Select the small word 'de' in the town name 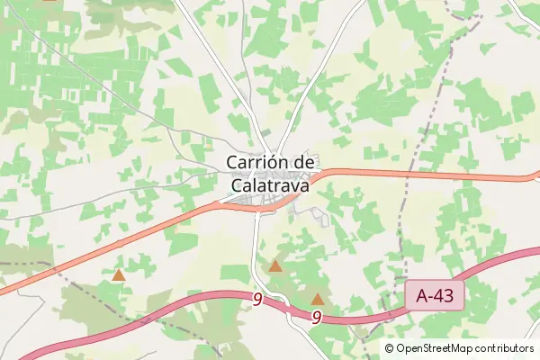coord(304,162)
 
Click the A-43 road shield coord(435,294)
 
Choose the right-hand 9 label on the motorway coord(318,317)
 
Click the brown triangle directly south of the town coord(275,266)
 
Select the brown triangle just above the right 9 coord(317,299)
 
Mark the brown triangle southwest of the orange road coord(118,274)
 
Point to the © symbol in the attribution coord(390,348)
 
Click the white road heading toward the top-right coord(333,54)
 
